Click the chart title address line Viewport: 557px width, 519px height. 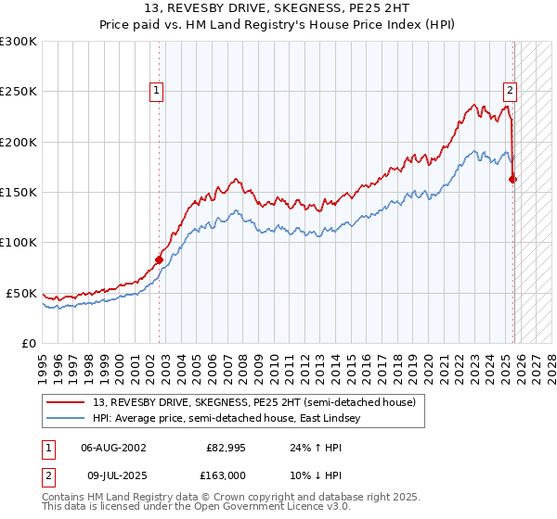click(278, 9)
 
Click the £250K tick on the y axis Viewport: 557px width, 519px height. click(19, 92)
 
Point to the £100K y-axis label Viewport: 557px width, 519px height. click(19, 242)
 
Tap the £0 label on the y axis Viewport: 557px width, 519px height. click(29, 343)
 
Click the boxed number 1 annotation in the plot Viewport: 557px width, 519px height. click(156, 91)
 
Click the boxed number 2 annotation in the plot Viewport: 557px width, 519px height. click(510, 91)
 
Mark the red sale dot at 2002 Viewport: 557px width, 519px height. click(159, 260)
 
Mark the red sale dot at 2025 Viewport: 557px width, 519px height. click(513, 180)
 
